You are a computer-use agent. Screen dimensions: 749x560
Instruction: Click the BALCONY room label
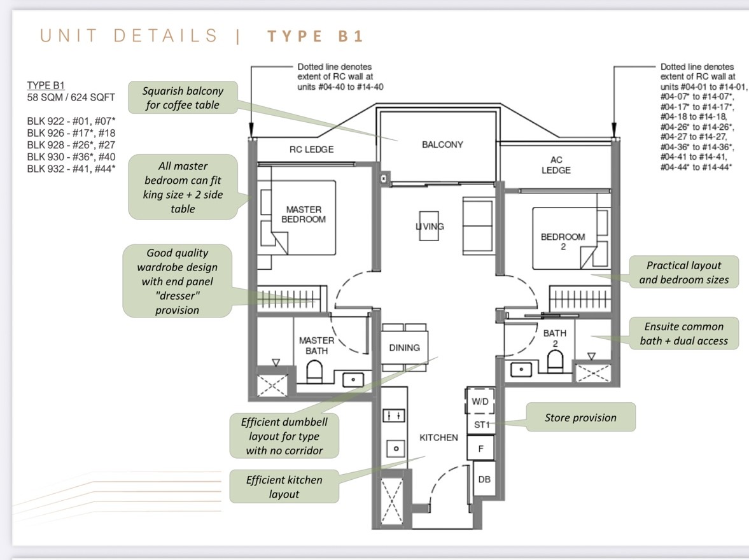tap(442, 144)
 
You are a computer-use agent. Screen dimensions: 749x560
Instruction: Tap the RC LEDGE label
tap(311, 150)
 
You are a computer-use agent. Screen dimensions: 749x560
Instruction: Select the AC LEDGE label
tap(556, 165)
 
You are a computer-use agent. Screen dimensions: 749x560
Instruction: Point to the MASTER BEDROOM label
tap(304, 214)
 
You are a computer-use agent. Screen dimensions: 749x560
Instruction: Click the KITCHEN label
tap(438, 438)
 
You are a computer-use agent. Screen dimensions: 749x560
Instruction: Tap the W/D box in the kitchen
tap(480, 402)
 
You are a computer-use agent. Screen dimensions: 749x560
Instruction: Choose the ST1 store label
tap(482, 425)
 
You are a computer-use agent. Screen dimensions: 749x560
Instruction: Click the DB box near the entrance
tap(484, 480)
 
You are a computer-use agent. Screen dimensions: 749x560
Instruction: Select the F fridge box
tap(480, 449)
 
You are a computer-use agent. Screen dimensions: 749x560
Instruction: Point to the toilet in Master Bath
tap(314, 371)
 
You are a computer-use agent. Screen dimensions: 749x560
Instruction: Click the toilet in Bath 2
tap(555, 361)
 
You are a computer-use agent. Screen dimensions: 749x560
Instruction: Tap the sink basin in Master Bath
tap(353, 380)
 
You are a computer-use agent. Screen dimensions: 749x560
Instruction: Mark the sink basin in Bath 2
tap(521, 369)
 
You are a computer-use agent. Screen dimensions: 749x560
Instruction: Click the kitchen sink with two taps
tap(394, 416)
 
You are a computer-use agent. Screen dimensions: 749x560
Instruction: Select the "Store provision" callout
tap(581, 417)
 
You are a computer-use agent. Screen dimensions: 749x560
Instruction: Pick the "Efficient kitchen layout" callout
tap(284, 486)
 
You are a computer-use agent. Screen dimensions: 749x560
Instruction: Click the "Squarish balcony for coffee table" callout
tap(183, 97)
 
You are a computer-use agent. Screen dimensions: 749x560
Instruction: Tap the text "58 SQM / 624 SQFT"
tap(71, 97)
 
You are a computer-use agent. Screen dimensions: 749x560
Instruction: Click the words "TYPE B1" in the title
tap(316, 36)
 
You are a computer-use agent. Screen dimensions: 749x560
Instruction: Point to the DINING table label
tap(405, 348)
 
